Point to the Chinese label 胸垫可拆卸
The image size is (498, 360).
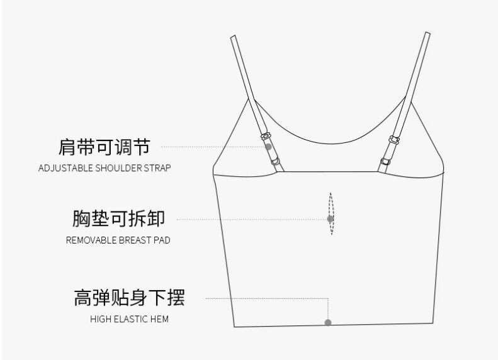coord(119,219)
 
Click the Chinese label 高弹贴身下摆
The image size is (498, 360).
coord(129,298)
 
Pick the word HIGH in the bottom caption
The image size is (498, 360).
coord(101,319)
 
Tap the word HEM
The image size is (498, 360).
coord(160,319)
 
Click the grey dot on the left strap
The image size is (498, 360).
coord(268,147)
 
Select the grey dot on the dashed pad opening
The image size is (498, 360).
coord(330,219)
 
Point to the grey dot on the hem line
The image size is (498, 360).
coord(327,322)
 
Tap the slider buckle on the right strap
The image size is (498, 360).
coord(395,138)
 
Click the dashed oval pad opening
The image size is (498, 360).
coord(331,214)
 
